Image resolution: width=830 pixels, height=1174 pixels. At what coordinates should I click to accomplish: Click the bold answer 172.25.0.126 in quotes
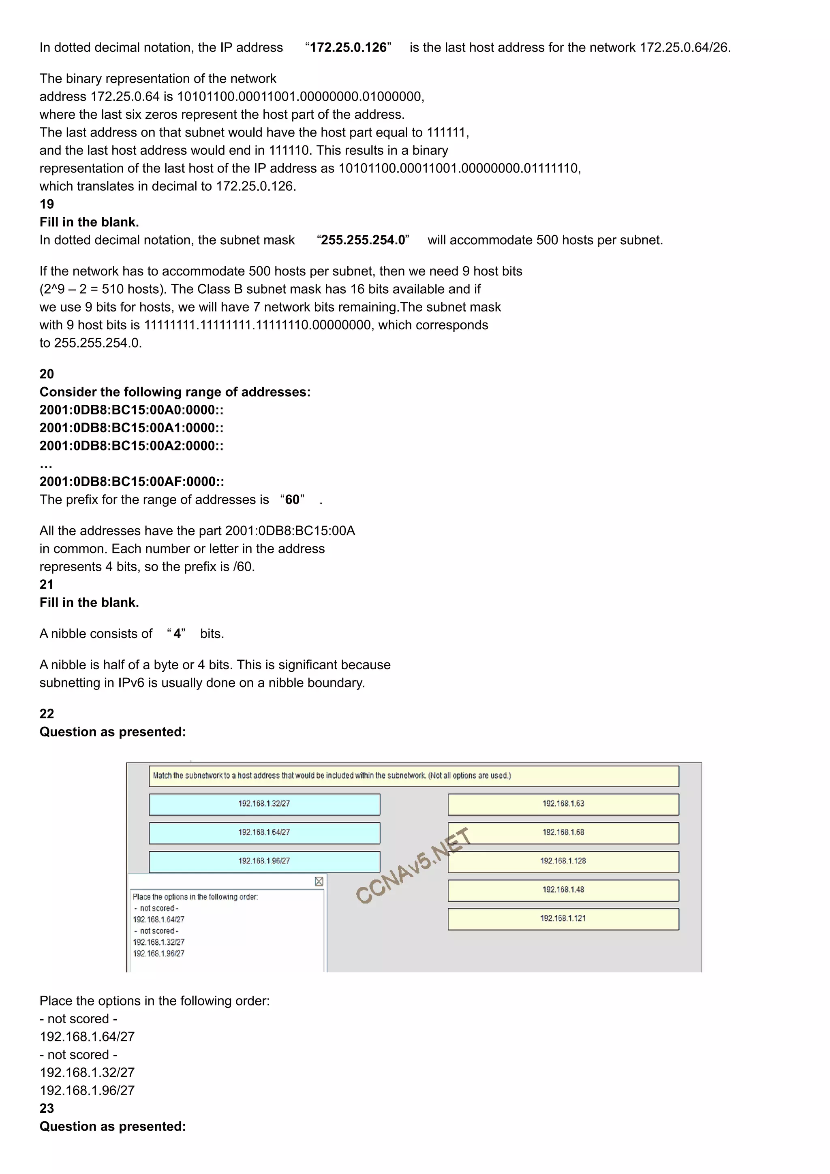click(348, 47)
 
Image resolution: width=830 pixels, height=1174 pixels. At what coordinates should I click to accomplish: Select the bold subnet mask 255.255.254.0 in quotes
click(363, 240)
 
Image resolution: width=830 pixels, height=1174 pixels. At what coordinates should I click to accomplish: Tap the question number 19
click(47, 204)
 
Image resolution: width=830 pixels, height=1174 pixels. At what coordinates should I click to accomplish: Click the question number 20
click(47, 374)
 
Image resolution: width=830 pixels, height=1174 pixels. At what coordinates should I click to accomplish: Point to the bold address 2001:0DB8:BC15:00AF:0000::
click(131, 482)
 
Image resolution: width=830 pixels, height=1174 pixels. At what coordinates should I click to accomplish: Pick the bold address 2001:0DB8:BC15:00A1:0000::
click(131, 427)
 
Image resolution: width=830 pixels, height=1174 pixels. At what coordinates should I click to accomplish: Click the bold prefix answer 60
click(292, 499)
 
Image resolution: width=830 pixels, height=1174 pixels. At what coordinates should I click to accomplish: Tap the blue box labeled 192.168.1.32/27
click(264, 804)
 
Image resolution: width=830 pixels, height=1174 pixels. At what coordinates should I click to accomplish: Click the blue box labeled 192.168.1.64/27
click(264, 832)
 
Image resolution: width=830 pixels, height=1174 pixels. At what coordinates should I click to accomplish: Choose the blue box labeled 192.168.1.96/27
click(264, 861)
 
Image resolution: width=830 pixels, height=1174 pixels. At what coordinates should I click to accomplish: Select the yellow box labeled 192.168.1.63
click(563, 804)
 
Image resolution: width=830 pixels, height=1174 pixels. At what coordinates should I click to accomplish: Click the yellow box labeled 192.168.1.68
click(563, 832)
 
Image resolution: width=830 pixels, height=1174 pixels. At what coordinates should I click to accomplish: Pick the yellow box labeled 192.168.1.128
click(563, 861)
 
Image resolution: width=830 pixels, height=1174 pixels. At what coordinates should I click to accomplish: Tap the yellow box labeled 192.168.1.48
click(563, 890)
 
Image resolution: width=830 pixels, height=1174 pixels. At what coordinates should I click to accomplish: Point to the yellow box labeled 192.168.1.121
click(563, 918)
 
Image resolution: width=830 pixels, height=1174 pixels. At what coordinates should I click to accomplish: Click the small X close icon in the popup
click(319, 881)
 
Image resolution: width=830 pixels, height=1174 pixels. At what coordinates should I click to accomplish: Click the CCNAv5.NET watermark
click(412, 866)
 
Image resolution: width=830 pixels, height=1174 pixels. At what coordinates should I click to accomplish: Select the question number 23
click(47, 1108)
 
